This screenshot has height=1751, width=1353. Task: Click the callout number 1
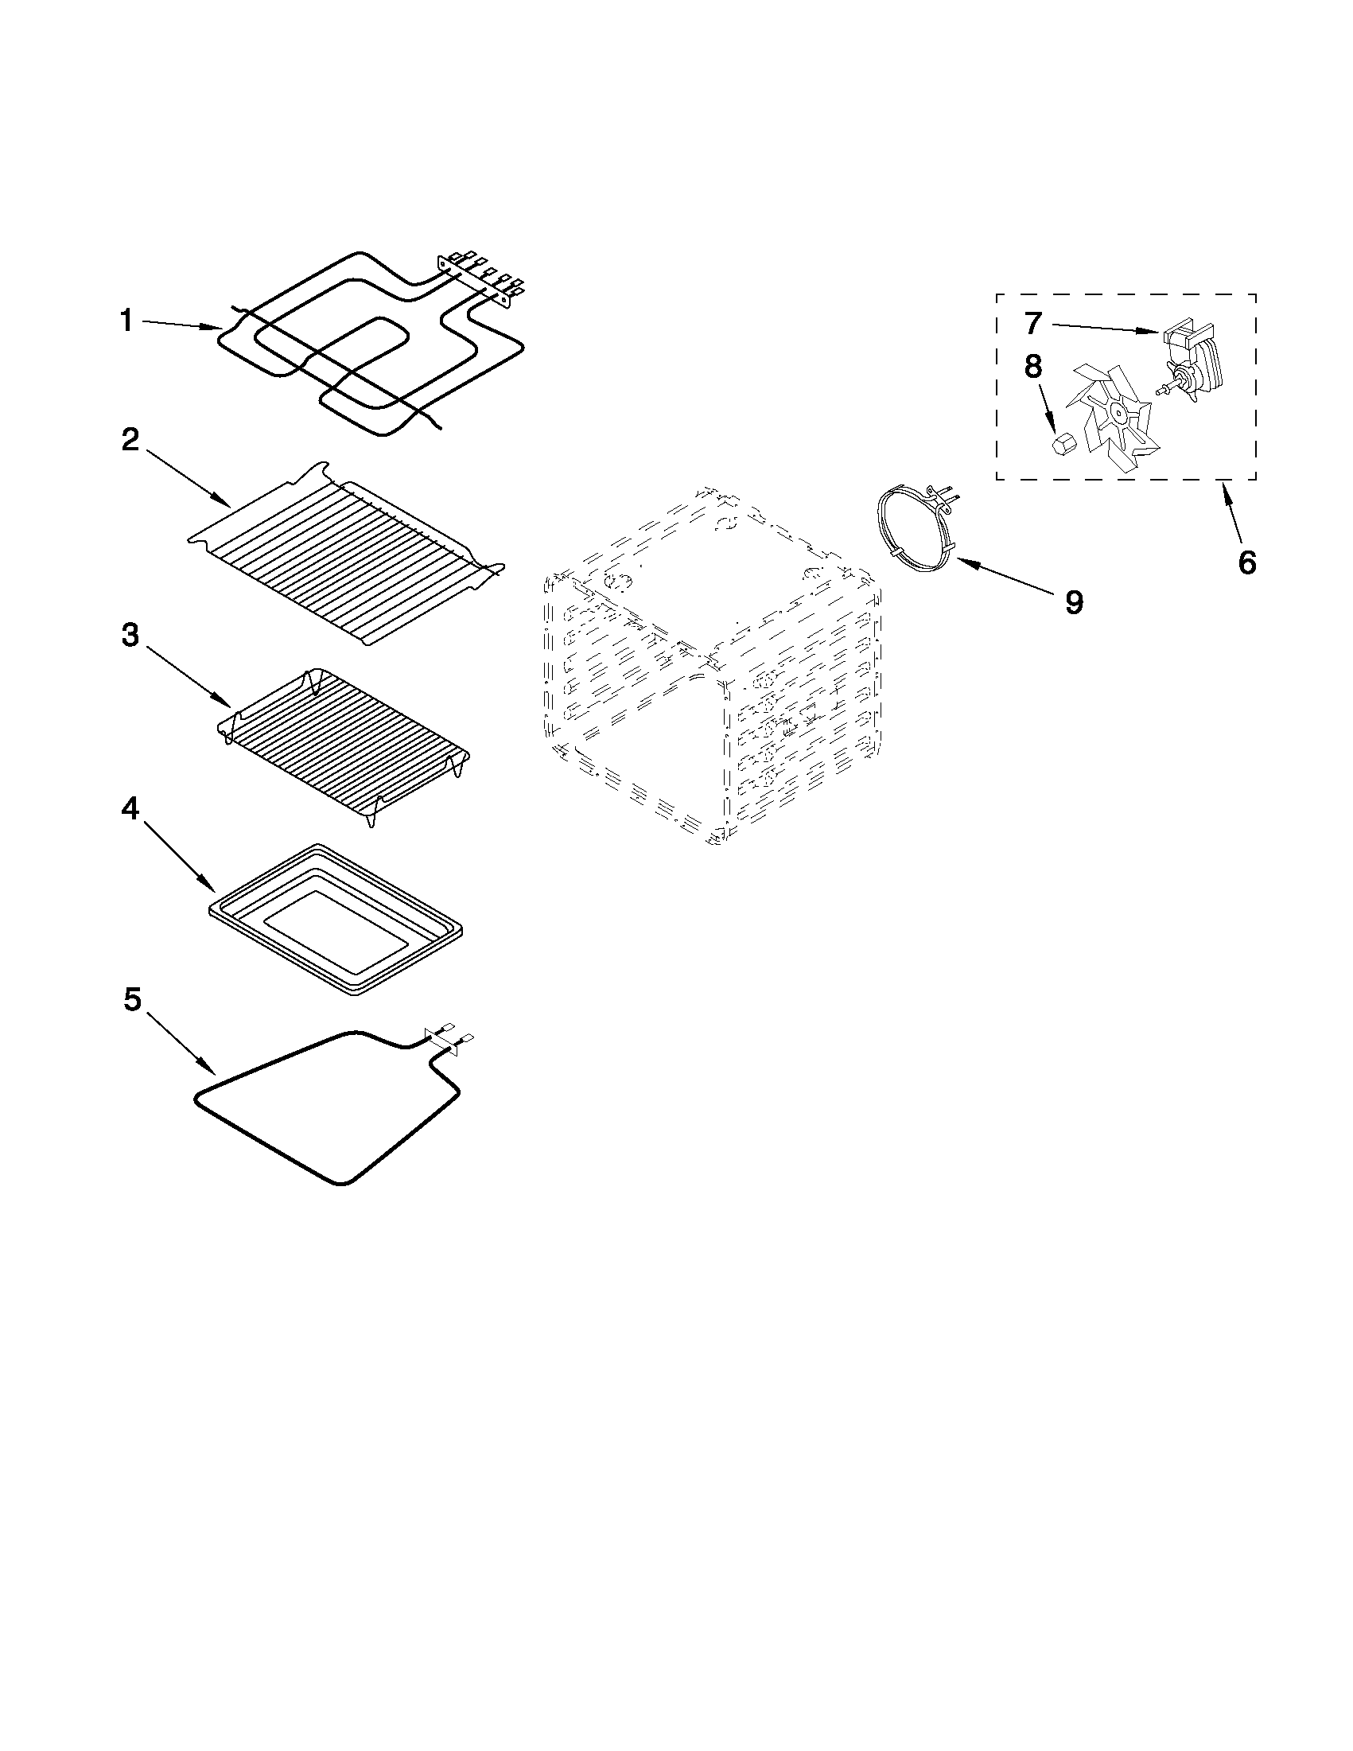click(x=126, y=321)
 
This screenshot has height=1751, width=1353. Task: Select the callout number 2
click(x=130, y=439)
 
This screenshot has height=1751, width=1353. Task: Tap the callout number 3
click(x=130, y=635)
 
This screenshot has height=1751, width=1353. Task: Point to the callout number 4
click(x=130, y=810)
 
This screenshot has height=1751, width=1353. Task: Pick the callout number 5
click(x=132, y=1001)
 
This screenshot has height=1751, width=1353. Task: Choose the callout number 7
click(x=1032, y=323)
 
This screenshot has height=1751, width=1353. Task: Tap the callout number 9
click(x=1074, y=601)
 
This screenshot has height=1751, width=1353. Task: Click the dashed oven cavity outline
click(x=713, y=665)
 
